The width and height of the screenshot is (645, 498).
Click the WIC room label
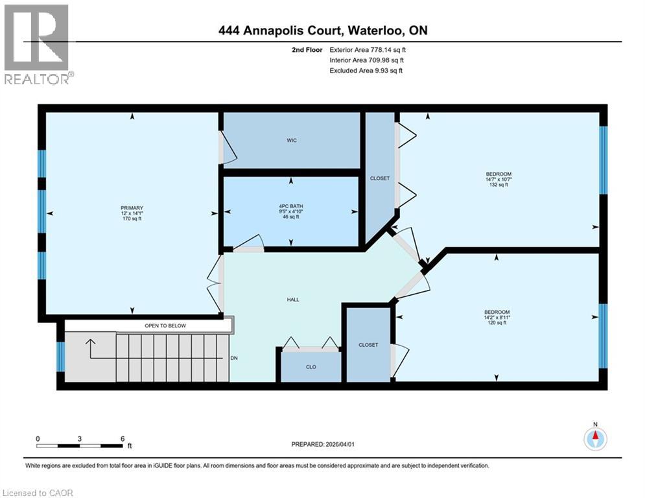click(x=292, y=141)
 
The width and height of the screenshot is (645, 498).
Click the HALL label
click(x=293, y=300)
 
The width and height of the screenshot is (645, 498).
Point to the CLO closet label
click(x=311, y=367)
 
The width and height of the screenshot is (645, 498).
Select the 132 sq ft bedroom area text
click(x=498, y=185)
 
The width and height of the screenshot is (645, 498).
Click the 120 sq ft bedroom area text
click(x=497, y=323)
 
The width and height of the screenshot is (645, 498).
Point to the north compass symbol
click(x=594, y=439)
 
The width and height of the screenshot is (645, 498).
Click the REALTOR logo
click(x=38, y=45)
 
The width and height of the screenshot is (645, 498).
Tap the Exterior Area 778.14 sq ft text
click(x=368, y=49)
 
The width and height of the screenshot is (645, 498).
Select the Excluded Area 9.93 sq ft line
click(x=366, y=71)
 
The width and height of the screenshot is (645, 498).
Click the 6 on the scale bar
click(x=122, y=438)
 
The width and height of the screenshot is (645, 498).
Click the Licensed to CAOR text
click(x=38, y=493)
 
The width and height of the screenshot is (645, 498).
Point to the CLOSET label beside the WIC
click(x=379, y=178)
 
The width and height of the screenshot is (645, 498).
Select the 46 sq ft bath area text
click(x=291, y=217)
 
